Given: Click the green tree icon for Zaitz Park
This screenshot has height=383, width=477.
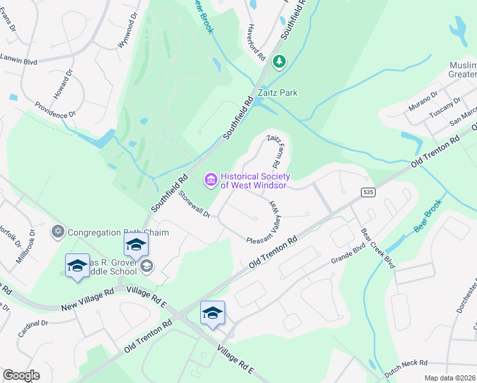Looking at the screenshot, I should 279,62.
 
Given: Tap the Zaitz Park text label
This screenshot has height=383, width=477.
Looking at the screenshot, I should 277,93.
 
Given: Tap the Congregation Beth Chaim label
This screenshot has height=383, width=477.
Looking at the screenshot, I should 118,232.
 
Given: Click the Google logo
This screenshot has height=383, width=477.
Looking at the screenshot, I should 21,375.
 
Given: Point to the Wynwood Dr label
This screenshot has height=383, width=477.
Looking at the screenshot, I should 127,34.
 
